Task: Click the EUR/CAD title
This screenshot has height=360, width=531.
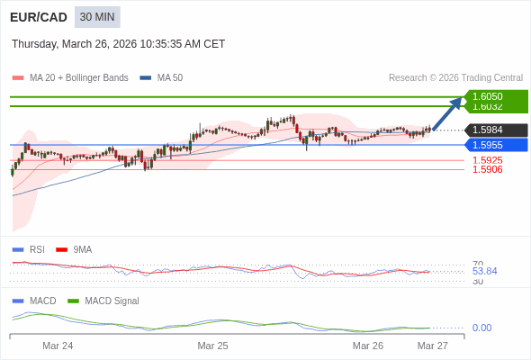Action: pyautogui.click(x=38, y=17)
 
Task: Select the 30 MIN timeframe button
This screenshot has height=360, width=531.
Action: pyautogui.click(x=97, y=17)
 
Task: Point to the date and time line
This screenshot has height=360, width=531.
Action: pyautogui.click(x=118, y=44)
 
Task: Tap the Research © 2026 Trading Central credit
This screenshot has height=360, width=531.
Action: pyautogui.click(x=455, y=77)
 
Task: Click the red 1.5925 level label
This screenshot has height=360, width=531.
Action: pyautogui.click(x=487, y=160)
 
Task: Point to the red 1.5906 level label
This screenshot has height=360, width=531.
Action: pyautogui.click(x=487, y=169)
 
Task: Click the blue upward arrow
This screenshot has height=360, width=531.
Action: pyautogui.click(x=447, y=113)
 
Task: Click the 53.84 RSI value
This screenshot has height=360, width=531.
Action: pyautogui.click(x=484, y=271)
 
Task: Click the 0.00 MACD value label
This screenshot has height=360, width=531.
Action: pyautogui.click(x=481, y=328)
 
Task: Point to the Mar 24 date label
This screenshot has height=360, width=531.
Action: pyautogui.click(x=58, y=346)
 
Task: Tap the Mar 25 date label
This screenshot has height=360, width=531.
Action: pyautogui.click(x=212, y=346)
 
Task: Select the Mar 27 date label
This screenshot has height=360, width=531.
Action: pyautogui.click(x=432, y=346)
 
